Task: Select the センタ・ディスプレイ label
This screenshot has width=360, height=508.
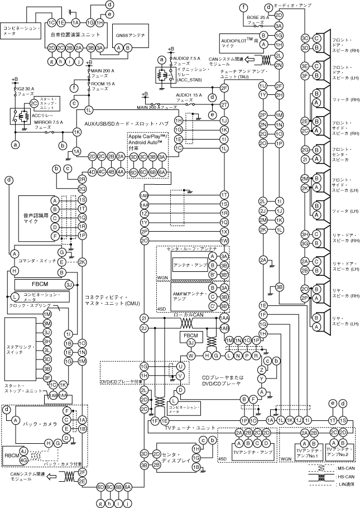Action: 171,458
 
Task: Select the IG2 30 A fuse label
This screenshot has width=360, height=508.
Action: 25,92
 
